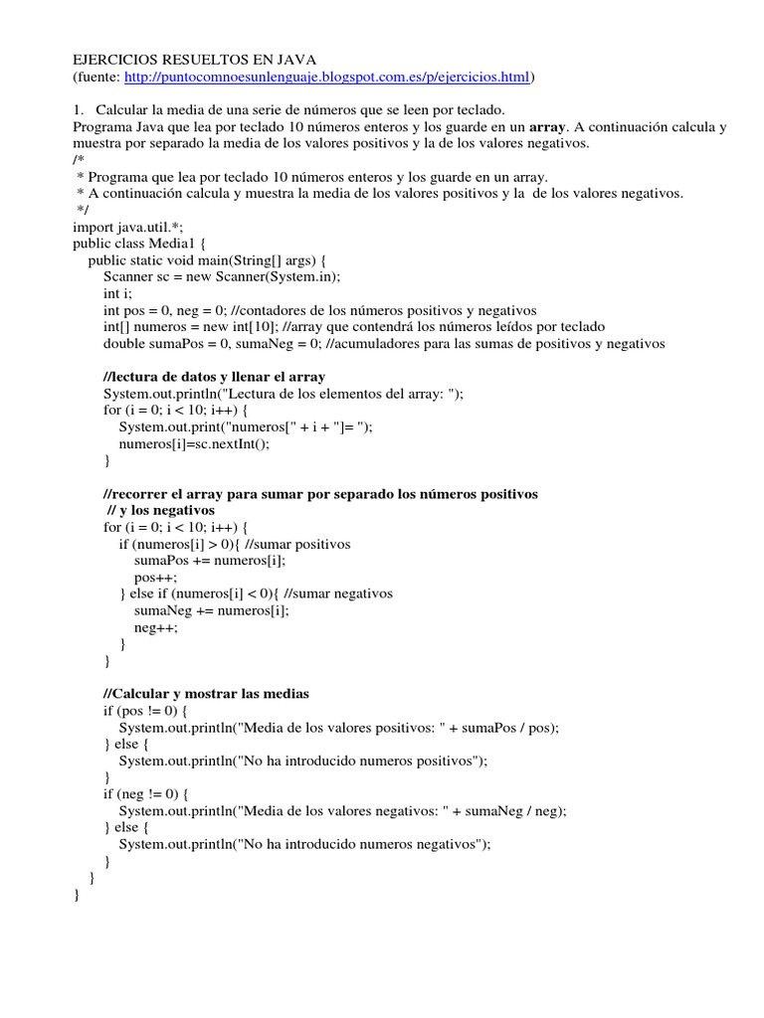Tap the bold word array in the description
546,126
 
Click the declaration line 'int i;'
117,293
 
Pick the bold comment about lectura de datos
214,377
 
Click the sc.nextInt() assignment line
194,443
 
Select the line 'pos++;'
156,577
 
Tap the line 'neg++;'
157,627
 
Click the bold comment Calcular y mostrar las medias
208,693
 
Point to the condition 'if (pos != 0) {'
152,710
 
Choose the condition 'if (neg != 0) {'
153,793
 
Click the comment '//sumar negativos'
338,594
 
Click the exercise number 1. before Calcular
79,109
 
